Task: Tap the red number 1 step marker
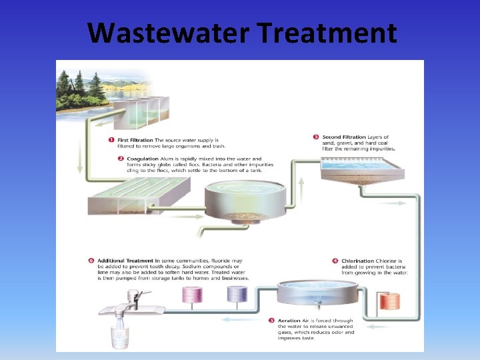(x=111, y=140)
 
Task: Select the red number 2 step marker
(x=111, y=159)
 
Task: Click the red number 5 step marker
(x=271, y=321)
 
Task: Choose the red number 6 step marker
(x=91, y=261)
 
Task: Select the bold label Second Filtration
(x=343, y=137)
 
